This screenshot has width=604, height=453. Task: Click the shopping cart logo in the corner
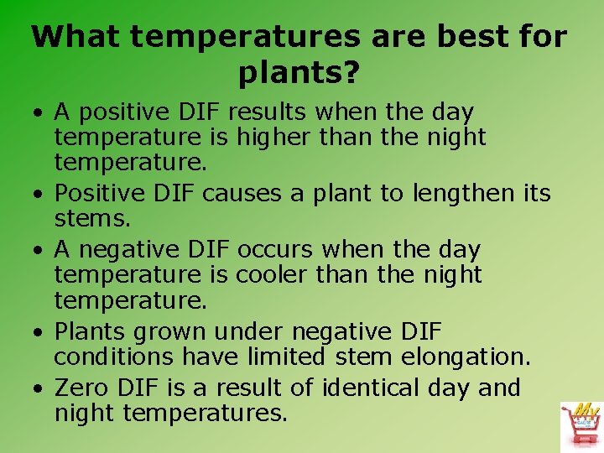click(581, 425)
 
